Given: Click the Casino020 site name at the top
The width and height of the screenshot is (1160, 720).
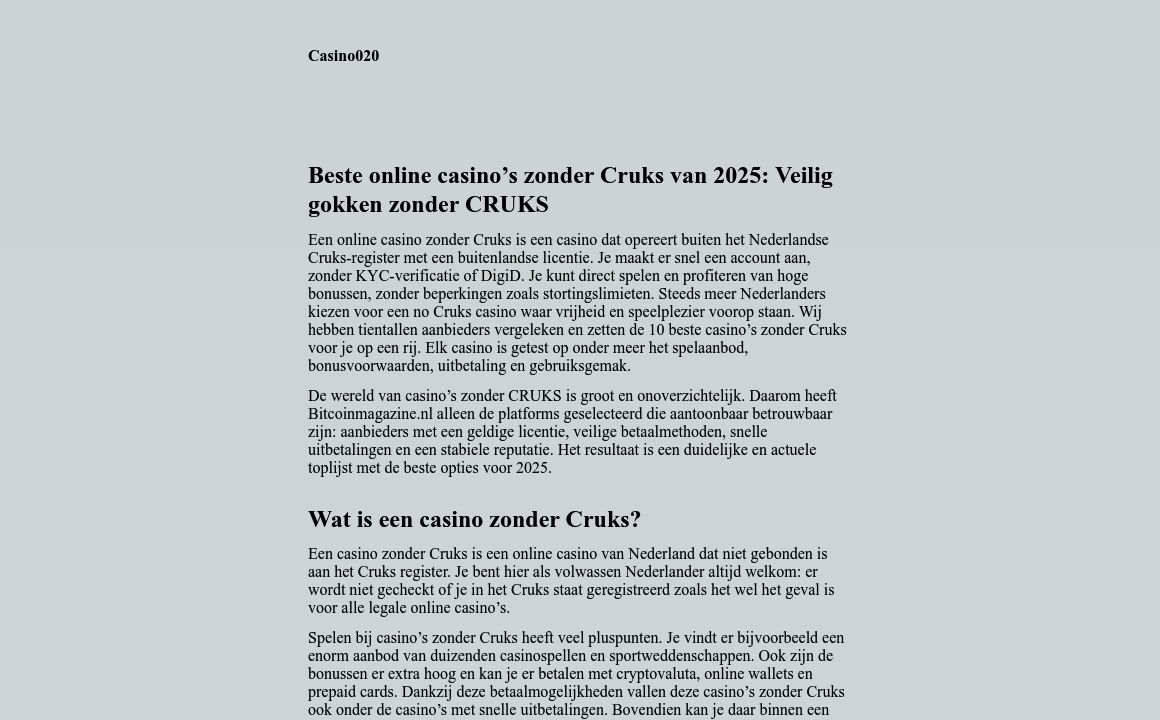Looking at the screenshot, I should point(343,56).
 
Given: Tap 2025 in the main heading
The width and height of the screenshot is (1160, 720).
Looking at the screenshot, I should point(739,176).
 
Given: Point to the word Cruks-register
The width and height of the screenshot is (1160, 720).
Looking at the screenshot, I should point(354,258).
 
